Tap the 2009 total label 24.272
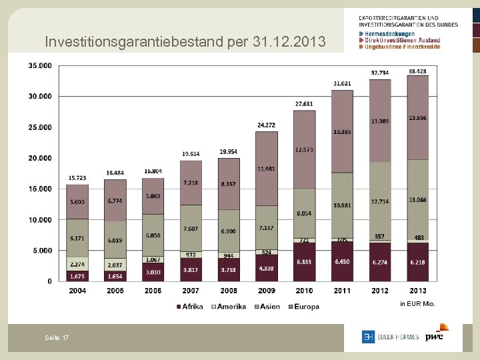click(266, 125)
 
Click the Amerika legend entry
click(229, 307)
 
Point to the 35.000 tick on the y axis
click(40, 65)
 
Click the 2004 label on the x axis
click(77, 291)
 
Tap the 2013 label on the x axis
click(417, 291)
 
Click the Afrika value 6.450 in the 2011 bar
click(341, 263)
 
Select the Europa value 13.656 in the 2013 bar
click(418, 118)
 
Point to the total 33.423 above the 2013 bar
click(418, 71)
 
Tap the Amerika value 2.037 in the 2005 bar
click(115, 264)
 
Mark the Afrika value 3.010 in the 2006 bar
click(153, 273)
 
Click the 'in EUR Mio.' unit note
click(417, 304)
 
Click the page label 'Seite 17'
click(57, 339)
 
